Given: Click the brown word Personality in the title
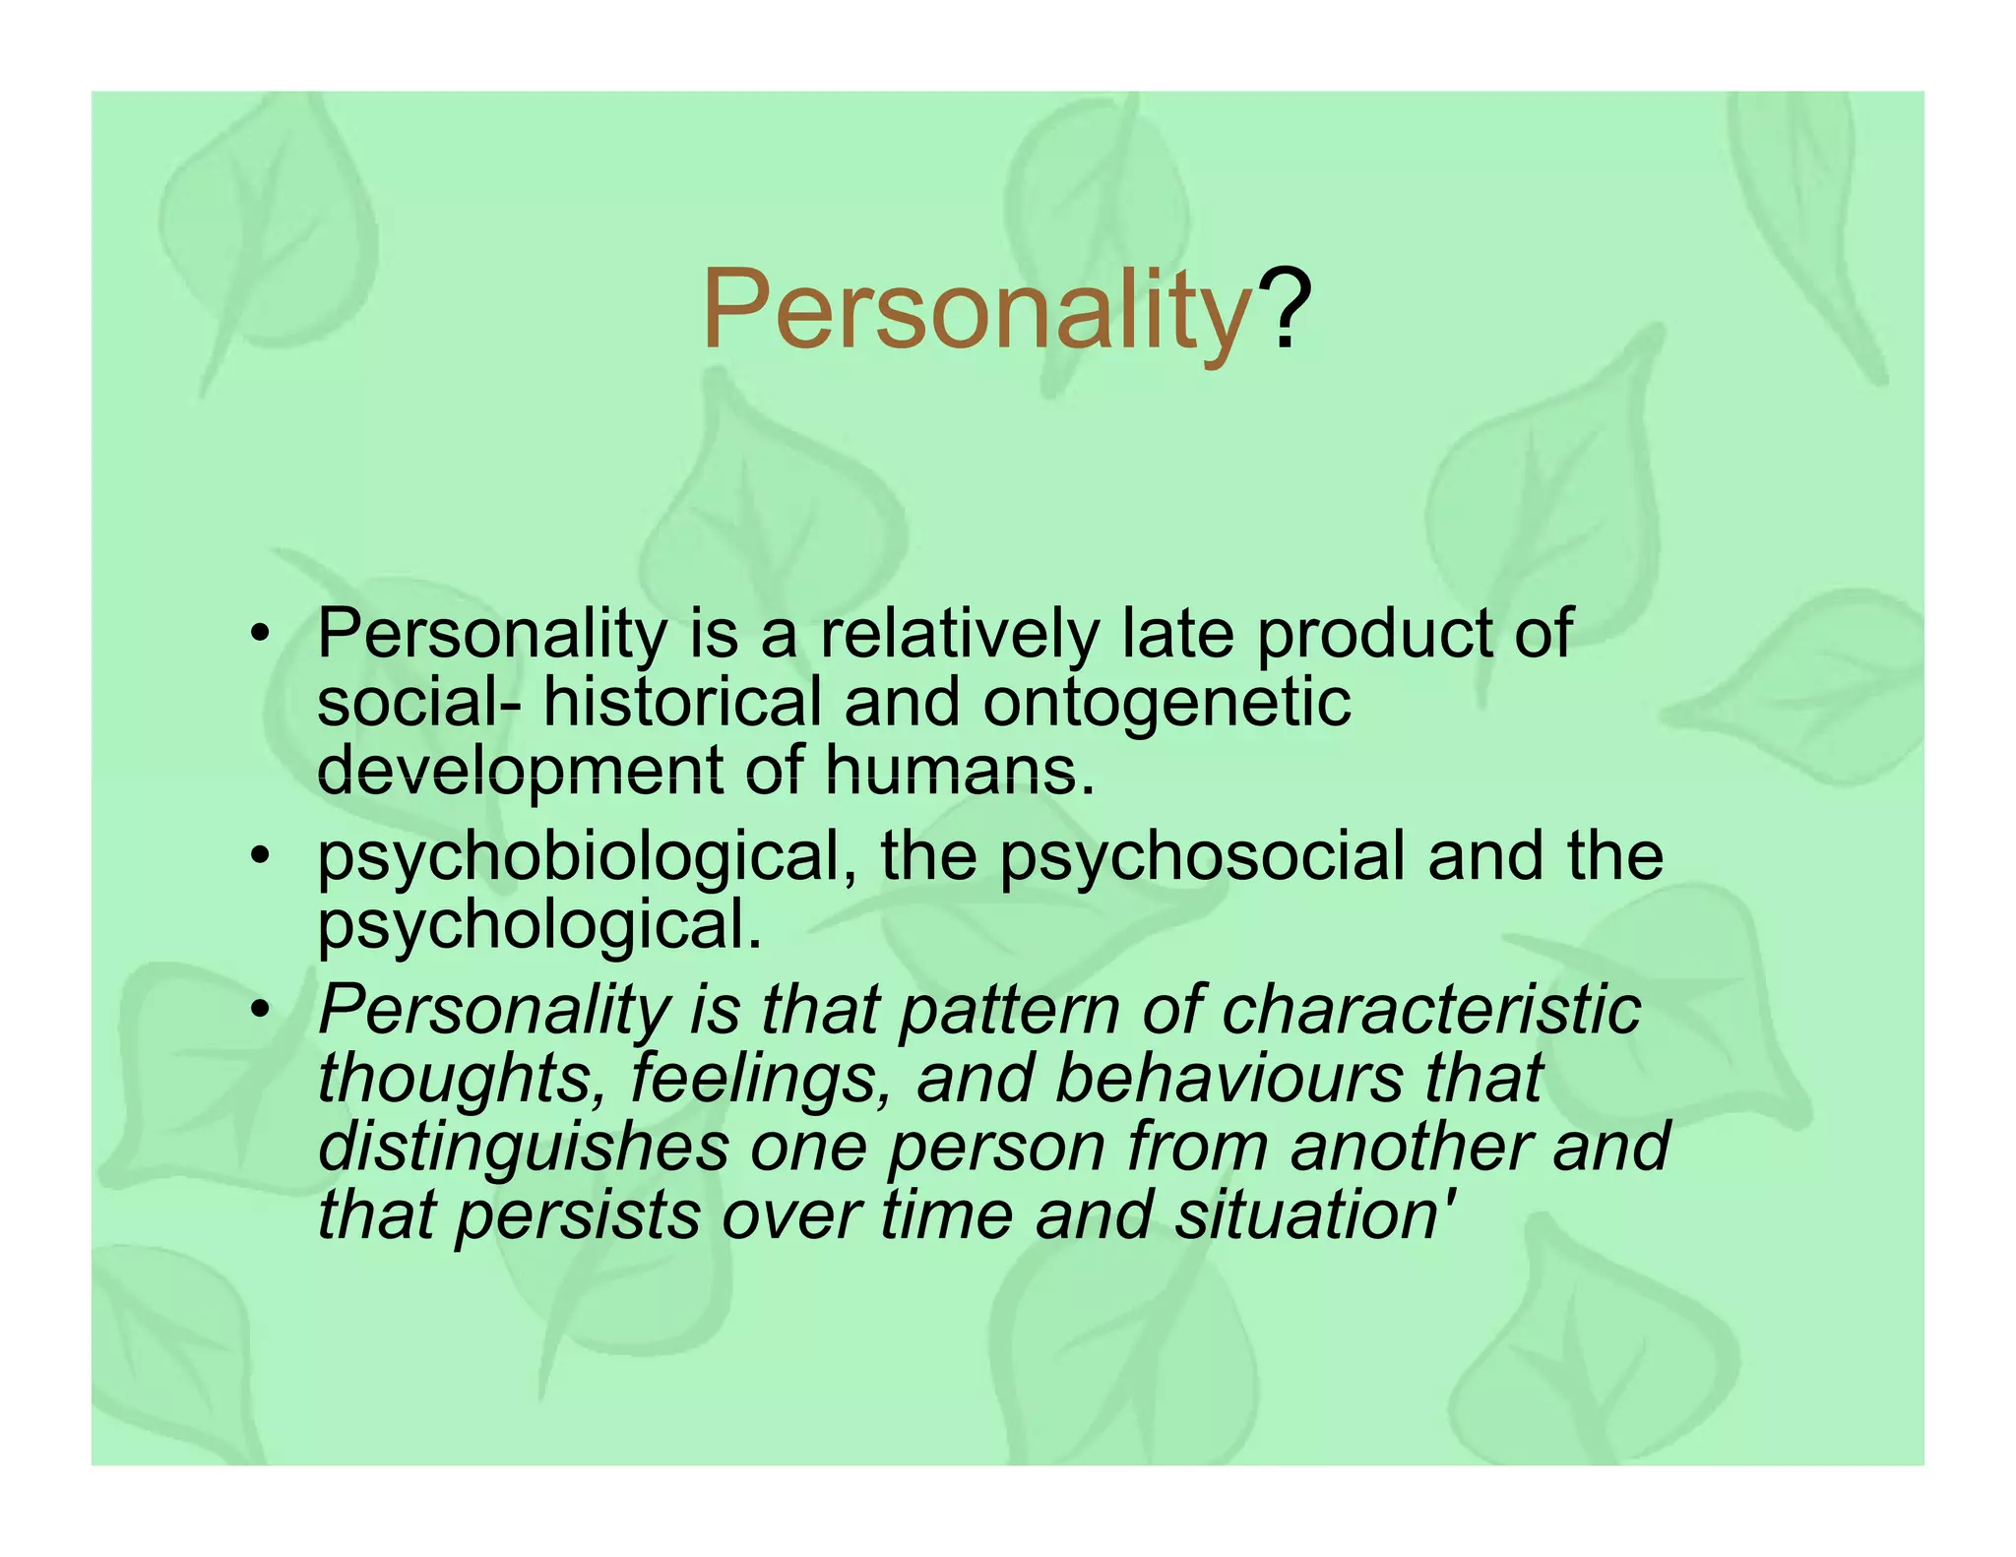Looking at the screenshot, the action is (x=975, y=311).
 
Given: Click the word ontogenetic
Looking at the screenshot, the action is (x=1166, y=703).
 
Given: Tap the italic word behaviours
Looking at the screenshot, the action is (x=1228, y=1079).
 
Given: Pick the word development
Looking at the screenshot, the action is (x=520, y=774).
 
